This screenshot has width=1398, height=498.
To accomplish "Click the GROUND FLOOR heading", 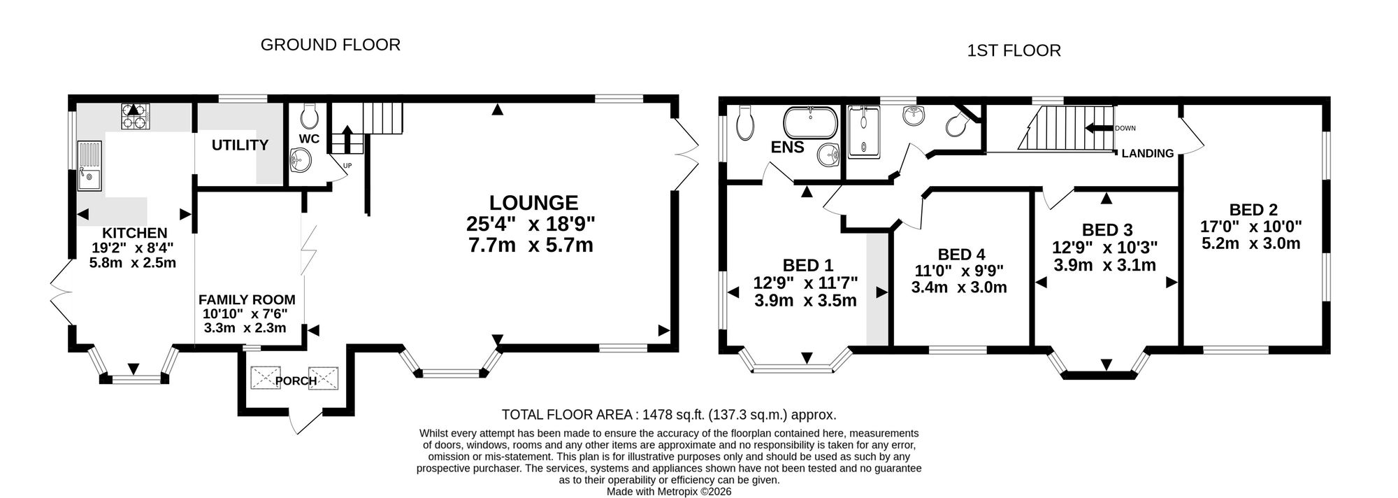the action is point(330,45).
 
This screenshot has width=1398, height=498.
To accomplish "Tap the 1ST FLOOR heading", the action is point(1014,50).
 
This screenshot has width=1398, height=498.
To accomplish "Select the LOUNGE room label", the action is point(533,203).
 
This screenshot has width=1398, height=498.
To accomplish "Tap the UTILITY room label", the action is point(240,145).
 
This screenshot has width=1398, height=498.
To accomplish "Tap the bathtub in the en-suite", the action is point(809,124).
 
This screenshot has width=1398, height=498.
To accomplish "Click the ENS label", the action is point(788,148).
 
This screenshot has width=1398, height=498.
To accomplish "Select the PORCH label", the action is point(296,381).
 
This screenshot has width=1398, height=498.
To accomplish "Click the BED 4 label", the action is point(961,255).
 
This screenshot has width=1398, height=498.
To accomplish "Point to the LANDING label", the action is point(1148,153).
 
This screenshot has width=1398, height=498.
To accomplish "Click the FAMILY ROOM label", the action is point(247,299).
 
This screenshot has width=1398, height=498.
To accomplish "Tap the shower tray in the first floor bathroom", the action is point(864,131).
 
